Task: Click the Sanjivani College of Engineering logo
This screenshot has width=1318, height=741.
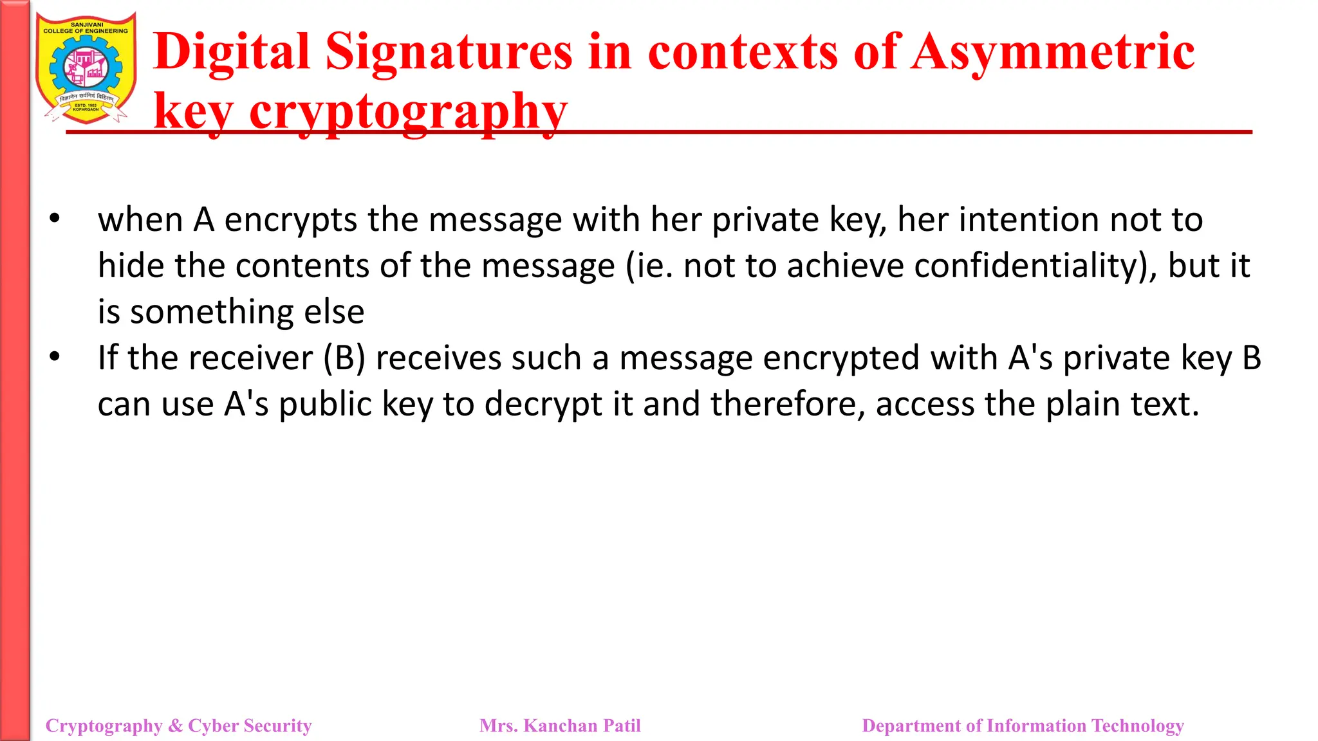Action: tap(86, 68)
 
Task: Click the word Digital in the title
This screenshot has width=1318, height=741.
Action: tap(232, 52)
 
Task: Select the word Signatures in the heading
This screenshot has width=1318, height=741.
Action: tap(449, 52)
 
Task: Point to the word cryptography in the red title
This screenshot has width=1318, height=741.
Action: tap(408, 111)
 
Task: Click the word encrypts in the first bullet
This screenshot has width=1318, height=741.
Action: tap(290, 220)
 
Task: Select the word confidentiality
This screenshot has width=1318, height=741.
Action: tap(1026, 266)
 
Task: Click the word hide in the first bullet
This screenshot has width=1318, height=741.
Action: tap(131, 266)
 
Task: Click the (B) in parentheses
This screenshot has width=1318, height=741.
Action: tap(344, 358)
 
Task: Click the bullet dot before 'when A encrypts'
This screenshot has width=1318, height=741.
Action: tap(55, 219)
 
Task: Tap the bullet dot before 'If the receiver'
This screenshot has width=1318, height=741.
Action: tap(55, 356)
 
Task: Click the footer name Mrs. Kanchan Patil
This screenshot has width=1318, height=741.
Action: tap(560, 726)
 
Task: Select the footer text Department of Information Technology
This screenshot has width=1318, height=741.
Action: tap(1023, 726)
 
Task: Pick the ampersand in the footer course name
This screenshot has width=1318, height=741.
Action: tap(175, 726)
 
